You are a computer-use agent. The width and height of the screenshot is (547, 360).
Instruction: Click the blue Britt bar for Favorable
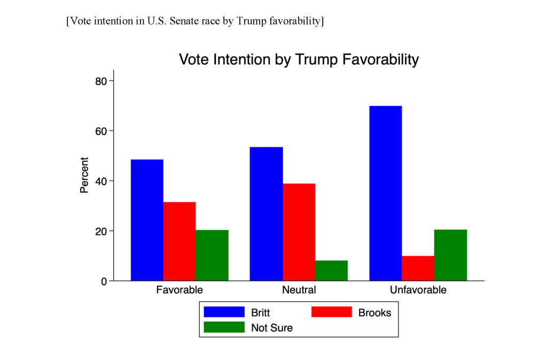[147, 220]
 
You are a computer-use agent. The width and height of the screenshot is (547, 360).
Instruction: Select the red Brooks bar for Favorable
[179, 241]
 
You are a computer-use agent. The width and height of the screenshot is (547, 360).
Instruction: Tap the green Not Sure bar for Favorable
[212, 255]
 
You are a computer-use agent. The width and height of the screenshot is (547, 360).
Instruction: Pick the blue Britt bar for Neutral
[267, 214]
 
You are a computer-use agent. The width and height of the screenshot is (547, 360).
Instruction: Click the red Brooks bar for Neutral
[299, 232]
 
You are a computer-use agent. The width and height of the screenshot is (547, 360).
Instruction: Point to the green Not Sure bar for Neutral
[331, 271]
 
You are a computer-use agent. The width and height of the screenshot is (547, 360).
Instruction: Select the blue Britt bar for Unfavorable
[386, 193]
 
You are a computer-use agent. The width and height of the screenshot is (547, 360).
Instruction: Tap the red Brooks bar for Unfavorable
[418, 269]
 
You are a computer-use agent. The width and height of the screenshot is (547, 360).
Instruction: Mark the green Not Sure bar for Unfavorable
[451, 255]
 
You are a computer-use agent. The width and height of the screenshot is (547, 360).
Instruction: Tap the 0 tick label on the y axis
[105, 281]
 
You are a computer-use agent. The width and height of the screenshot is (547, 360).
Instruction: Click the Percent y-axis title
[84, 175]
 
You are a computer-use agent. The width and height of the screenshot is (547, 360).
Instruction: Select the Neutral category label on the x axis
[299, 291]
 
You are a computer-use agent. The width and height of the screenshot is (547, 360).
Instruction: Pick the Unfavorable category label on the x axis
[418, 291]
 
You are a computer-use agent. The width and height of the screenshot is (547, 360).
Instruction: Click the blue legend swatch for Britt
[224, 312]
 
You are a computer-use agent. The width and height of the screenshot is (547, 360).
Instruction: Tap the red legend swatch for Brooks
[331, 312]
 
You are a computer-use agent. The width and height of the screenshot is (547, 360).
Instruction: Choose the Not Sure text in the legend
[272, 328]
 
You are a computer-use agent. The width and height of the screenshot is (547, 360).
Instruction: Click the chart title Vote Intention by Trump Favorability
[299, 59]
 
